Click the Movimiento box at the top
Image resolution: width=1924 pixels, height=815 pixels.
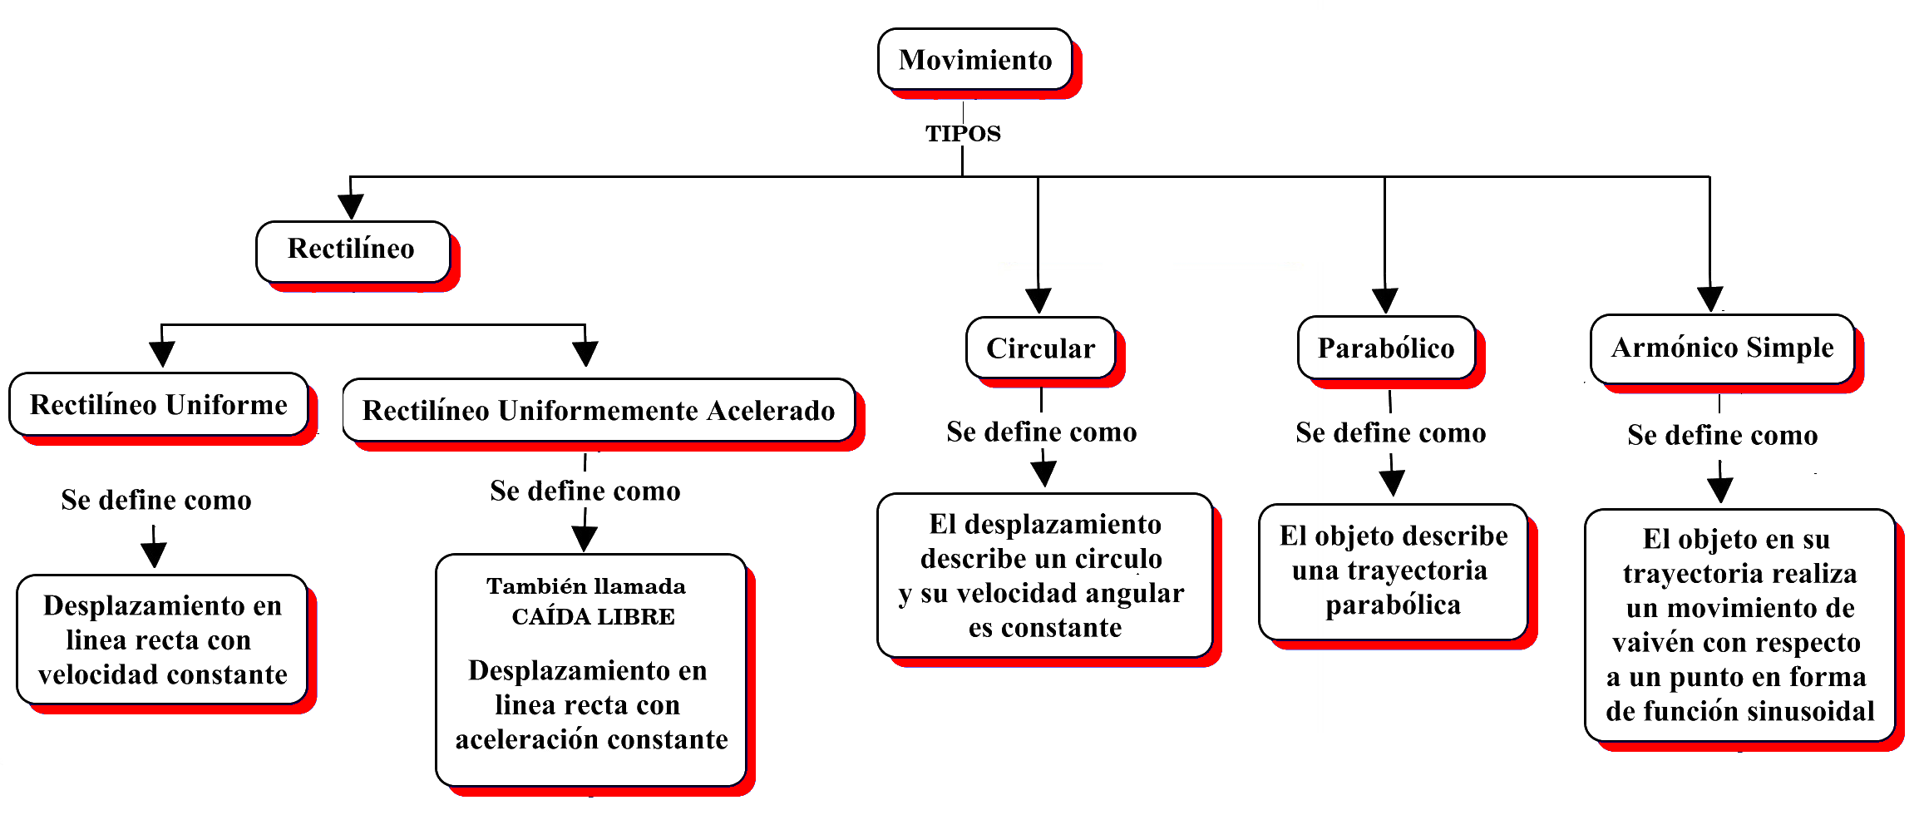tap(974, 60)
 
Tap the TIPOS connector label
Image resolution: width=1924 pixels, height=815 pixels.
tap(963, 133)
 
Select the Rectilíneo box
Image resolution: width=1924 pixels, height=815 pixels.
tap(353, 249)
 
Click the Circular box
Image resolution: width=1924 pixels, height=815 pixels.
tap(1040, 348)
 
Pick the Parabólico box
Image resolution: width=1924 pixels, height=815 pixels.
tap(1386, 348)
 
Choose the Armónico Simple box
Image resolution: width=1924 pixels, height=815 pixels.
tap(1722, 348)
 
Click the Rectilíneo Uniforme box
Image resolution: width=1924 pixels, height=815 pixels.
tap(158, 405)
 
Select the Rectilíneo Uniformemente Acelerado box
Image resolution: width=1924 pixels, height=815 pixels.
tap(599, 411)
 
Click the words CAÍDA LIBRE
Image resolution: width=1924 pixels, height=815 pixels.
tap(593, 617)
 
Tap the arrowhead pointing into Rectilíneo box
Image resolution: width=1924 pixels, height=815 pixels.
tap(351, 206)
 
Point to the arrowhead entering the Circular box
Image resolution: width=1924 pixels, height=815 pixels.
tap(1038, 300)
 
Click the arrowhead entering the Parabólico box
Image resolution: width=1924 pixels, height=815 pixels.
tap(1384, 300)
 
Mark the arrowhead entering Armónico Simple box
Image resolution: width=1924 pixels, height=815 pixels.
tap(1709, 299)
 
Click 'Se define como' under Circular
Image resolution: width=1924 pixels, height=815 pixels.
tap(1041, 432)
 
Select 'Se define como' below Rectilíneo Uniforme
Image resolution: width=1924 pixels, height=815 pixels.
tap(156, 501)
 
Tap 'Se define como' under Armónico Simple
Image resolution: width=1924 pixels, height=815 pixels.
tap(1722, 436)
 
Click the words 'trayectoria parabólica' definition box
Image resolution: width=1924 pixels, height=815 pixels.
tap(1393, 572)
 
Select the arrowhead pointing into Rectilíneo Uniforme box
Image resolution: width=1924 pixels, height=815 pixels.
tap(161, 354)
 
